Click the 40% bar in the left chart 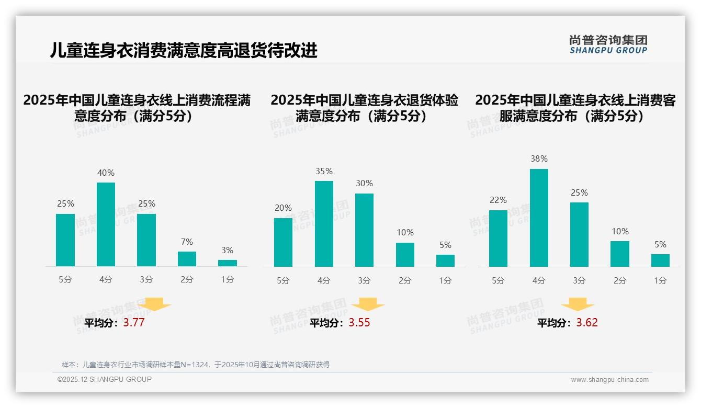click(106, 224)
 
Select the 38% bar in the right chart click(539, 218)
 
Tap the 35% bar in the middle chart click(324, 224)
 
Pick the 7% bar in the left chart click(187, 259)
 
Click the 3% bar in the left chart click(228, 263)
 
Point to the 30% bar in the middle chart click(364, 230)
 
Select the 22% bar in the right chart click(498, 239)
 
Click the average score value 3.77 click(134, 323)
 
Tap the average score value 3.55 click(359, 323)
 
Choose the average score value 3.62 click(587, 323)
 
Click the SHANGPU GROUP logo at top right click(608, 44)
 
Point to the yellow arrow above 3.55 click(368, 304)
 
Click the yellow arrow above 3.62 click(578, 304)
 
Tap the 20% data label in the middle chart click(283, 208)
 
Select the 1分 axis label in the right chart click(660, 281)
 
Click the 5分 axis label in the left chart click(65, 280)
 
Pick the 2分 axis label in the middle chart click(405, 281)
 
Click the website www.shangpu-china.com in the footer click(609, 380)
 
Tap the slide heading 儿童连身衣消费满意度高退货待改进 click(184, 51)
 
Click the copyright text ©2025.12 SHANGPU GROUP click(105, 379)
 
